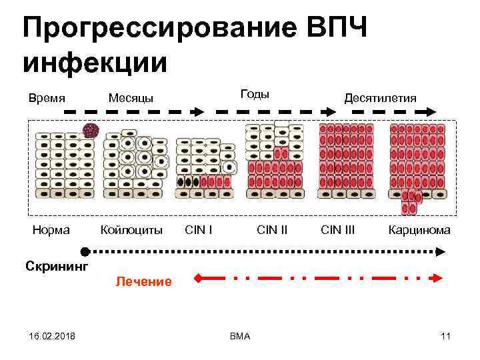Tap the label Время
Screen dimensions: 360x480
47,98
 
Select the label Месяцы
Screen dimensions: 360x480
131,98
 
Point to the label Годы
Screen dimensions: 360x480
254,94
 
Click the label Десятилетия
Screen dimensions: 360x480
380,98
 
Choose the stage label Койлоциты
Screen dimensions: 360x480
131,230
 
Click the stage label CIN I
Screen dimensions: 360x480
199,230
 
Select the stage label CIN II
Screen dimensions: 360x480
272,230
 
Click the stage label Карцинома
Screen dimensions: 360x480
419,230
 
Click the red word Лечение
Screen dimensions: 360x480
143,281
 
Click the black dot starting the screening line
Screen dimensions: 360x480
85,251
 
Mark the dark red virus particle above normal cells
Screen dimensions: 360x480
91,130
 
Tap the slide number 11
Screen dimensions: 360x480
445,336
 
